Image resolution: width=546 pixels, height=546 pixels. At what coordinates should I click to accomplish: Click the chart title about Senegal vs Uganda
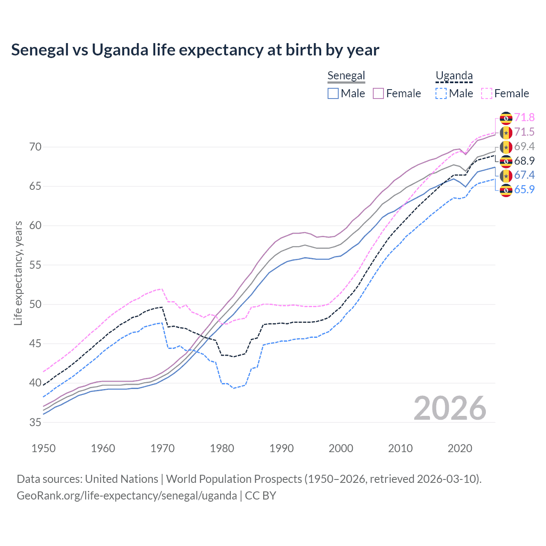(x=195, y=50)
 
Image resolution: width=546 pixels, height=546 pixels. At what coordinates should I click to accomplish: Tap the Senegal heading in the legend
(x=346, y=76)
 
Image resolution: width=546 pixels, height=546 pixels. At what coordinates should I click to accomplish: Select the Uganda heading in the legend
(x=454, y=76)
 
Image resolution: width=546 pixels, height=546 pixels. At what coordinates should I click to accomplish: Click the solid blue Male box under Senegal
(x=333, y=93)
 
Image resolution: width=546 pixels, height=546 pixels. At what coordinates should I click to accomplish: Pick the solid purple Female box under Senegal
(x=378, y=93)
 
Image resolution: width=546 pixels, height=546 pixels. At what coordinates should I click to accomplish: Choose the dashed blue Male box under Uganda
(x=441, y=93)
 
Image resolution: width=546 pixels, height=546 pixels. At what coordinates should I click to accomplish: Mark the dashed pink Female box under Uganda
(x=487, y=93)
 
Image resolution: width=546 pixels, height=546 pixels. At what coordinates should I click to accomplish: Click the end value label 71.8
(x=524, y=118)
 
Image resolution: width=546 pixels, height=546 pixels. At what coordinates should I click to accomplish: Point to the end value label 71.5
(x=524, y=132)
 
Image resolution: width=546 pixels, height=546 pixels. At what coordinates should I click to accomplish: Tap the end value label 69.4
(x=524, y=147)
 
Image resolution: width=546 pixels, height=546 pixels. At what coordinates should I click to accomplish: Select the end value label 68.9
(x=524, y=161)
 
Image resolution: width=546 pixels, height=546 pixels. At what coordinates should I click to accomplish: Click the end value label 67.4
(x=524, y=175)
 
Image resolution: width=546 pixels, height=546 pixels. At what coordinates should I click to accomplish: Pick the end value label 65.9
(x=524, y=190)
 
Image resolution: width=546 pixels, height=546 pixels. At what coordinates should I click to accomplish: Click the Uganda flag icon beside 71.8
(x=506, y=118)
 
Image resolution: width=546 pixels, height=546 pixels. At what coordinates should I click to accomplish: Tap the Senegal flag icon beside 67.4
(x=506, y=176)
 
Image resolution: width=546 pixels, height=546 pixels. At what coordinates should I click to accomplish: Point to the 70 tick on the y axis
(x=35, y=147)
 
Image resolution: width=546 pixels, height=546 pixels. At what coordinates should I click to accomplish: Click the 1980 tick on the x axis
(x=222, y=448)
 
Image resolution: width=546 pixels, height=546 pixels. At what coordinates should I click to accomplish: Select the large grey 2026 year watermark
(x=450, y=408)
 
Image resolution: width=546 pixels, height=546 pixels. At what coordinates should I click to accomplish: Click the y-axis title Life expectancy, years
(x=18, y=273)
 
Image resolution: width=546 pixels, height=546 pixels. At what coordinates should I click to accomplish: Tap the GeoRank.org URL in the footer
(x=127, y=496)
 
